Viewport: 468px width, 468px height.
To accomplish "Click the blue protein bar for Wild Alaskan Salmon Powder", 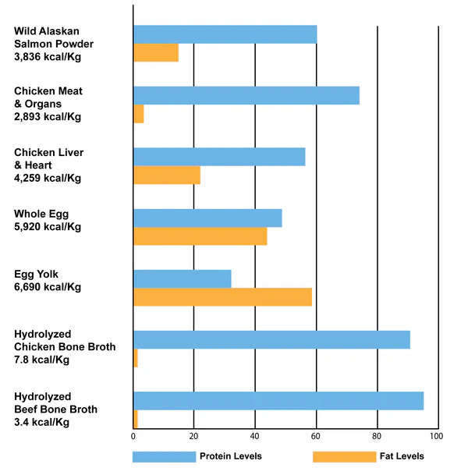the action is tap(225, 34).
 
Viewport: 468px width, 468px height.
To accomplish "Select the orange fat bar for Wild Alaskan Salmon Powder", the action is tap(156, 53).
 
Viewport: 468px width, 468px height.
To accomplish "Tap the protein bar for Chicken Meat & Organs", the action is tap(246, 95).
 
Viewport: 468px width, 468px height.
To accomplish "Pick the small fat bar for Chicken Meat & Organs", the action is tap(139, 114).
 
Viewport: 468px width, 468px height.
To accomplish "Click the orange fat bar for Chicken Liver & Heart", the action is tap(167, 175).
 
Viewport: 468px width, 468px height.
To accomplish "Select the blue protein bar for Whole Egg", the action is tap(207, 218).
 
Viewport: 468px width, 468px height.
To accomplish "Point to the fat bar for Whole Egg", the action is tap(200, 236).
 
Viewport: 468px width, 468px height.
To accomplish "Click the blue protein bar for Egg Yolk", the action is tap(183, 278).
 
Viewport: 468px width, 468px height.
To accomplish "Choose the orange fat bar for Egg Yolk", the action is tap(223, 297).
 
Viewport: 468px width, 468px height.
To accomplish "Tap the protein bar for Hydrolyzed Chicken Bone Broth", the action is tap(272, 339).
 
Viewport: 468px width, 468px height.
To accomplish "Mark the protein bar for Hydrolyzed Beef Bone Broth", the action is tap(278, 401).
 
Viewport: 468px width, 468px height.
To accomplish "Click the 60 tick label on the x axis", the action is tap(315, 436).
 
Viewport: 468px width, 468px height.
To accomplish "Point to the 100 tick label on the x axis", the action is tap(436, 436).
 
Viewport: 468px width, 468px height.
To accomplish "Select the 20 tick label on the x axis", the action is tap(193, 436).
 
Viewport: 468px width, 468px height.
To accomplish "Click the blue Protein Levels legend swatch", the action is tap(164, 456).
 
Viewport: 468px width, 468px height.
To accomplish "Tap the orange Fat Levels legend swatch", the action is tap(345, 456).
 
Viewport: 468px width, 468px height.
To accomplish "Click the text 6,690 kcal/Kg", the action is tap(48, 287).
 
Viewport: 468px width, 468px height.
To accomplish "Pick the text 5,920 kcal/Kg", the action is tap(48, 227).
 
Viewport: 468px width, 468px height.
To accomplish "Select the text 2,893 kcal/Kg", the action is tap(48, 117).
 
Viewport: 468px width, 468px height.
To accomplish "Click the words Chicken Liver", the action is tap(48, 153).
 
